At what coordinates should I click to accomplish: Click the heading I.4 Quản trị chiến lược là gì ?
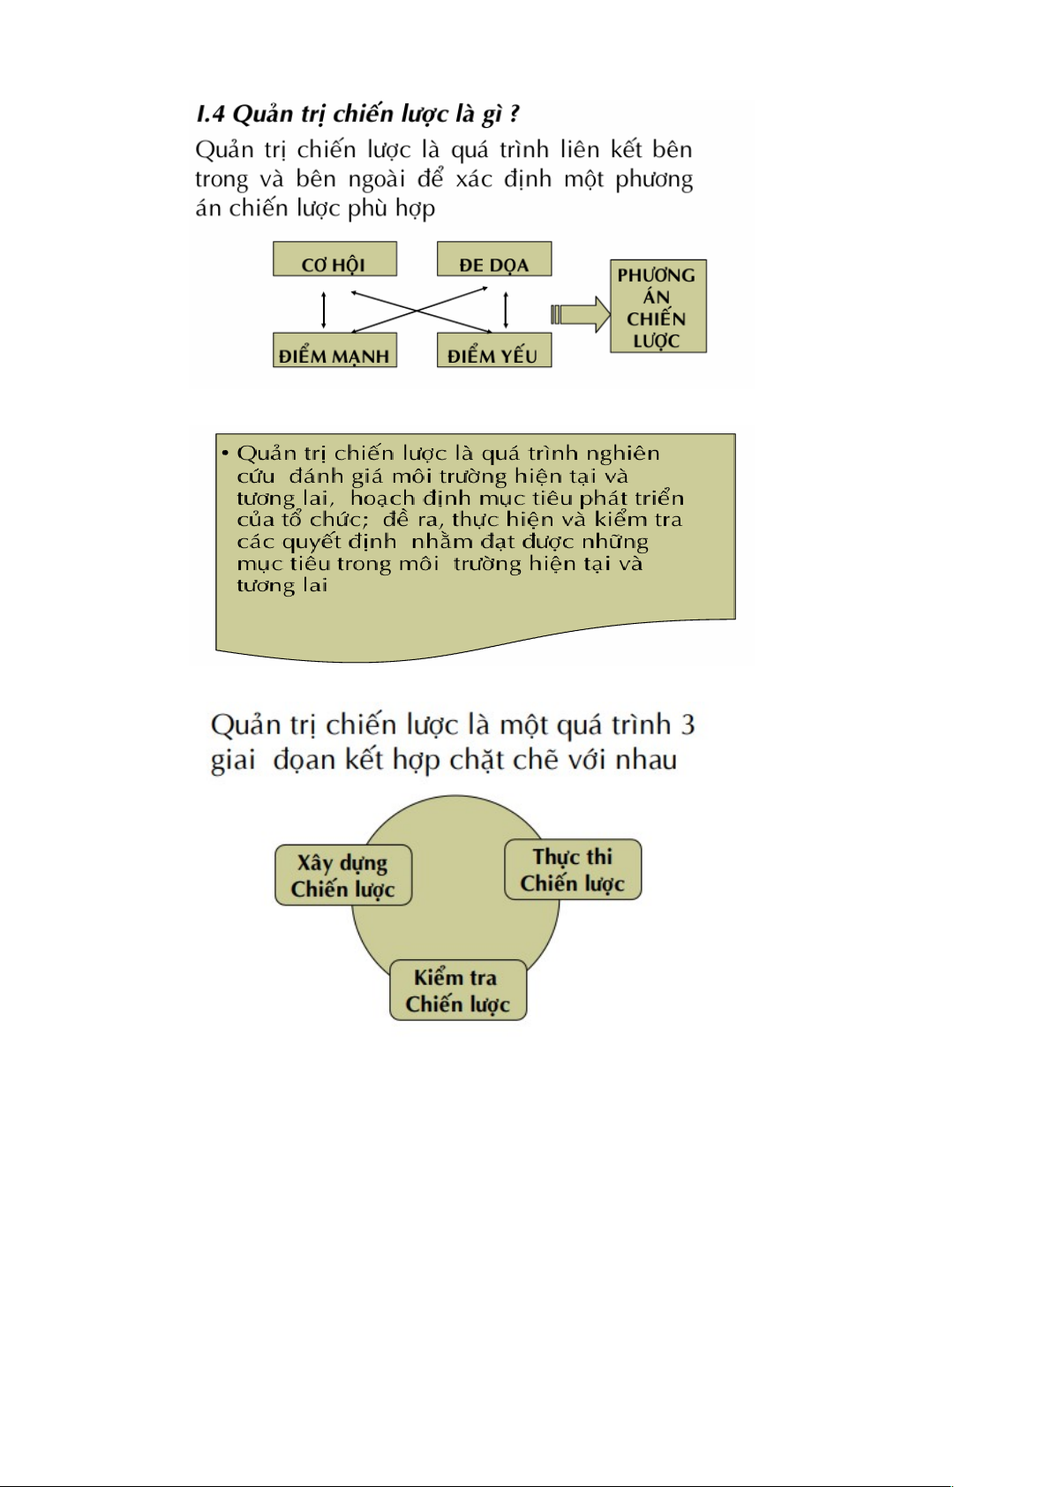click(x=357, y=115)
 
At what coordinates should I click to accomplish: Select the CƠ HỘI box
click(x=334, y=260)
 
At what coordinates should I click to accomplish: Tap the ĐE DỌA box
click(x=493, y=260)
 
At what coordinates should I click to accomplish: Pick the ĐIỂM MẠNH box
click(x=334, y=351)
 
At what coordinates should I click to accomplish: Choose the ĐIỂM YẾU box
click(x=493, y=351)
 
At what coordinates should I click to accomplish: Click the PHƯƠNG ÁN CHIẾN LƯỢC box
click(x=657, y=306)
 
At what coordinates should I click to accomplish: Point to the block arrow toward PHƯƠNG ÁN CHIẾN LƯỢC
click(x=581, y=314)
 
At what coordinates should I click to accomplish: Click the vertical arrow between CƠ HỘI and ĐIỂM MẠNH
click(x=324, y=309)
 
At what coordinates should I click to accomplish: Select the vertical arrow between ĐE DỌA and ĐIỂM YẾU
click(x=505, y=309)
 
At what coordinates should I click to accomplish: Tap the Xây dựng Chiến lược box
click(x=343, y=875)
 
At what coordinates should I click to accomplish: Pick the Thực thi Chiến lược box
click(x=573, y=870)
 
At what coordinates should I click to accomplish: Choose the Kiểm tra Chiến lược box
click(x=458, y=990)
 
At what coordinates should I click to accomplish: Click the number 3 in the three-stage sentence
click(x=688, y=725)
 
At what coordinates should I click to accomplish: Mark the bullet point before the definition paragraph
click(x=225, y=454)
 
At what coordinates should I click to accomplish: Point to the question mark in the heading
click(x=515, y=115)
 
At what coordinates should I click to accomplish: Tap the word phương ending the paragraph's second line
click(x=654, y=180)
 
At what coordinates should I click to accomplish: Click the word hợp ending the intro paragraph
click(x=415, y=210)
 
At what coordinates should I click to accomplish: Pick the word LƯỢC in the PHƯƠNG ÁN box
click(x=657, y=341)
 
